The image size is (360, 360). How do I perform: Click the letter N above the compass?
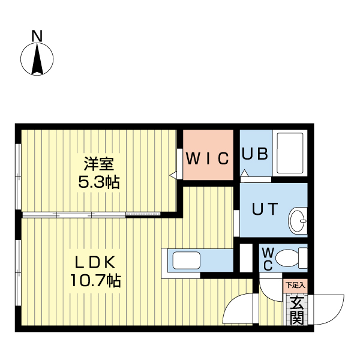(37, 36)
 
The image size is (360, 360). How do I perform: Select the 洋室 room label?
(99, 164)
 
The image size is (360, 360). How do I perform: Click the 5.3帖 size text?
(99, 182)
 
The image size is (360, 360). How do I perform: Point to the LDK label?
(95, 262)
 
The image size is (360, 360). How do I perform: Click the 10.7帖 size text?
(95, 280)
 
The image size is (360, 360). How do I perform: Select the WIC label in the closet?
(208, 158)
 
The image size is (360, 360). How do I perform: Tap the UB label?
(255, 154)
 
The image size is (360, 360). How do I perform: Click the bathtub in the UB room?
(290, 153)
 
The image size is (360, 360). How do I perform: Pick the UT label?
(265, 208)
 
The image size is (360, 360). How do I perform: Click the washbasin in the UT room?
(298, 221)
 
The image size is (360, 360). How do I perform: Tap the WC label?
(268, 259)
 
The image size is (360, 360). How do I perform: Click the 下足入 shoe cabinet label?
(295, 286)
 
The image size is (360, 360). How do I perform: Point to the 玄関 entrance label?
(297, 310)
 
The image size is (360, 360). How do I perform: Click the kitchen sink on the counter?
(187, 260)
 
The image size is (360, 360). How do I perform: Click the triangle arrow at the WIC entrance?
(173, 175)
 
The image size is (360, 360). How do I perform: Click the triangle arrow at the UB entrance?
(244, 173)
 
